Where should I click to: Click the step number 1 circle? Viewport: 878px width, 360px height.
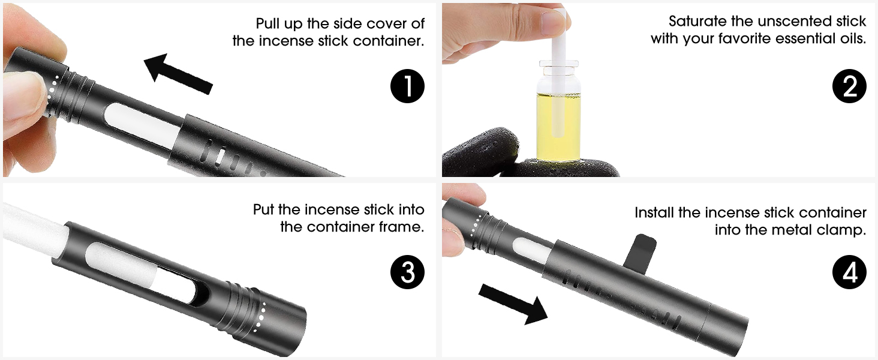407,86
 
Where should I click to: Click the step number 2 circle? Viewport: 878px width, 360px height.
849,86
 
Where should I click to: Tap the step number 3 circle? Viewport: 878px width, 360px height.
407,272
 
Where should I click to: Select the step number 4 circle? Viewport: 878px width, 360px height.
849,272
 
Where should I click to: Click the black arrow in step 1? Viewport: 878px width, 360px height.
178,73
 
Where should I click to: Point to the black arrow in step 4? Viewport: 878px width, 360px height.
513,304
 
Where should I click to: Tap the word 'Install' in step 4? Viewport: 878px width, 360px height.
654,212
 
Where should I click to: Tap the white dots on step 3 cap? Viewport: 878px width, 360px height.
261,317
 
